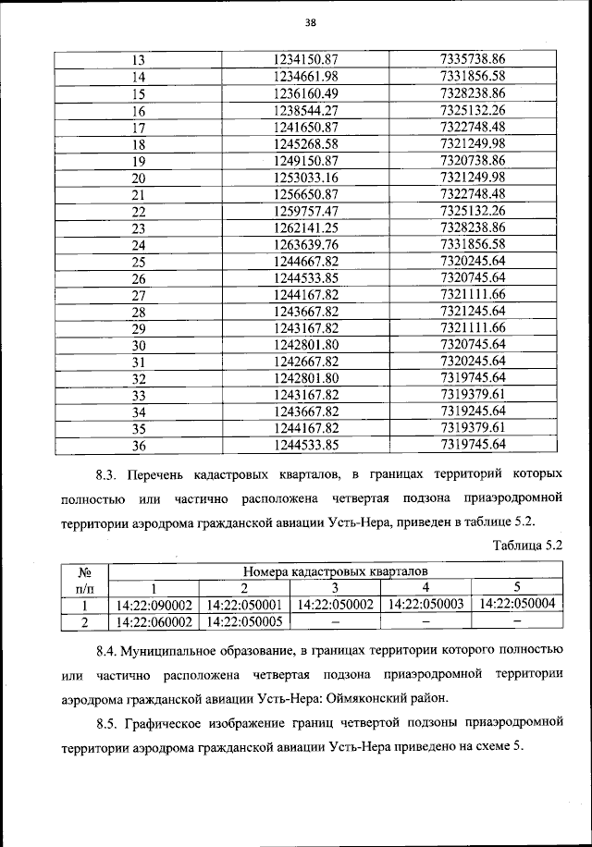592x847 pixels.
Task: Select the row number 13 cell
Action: point(140,60)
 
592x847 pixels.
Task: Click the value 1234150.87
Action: point(305,60)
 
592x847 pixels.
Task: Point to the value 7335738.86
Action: point(473,60)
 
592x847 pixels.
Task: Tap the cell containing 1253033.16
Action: point(305,178)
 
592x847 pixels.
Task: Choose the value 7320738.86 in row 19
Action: point(473,161)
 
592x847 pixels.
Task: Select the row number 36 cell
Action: point(140,445)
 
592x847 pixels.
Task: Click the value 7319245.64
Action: point(473,411)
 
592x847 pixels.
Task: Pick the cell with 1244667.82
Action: point(305,261)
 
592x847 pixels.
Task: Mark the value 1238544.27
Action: point(305,111)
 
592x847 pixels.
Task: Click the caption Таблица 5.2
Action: point(527,545)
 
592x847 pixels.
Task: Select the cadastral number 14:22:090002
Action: point(154,606)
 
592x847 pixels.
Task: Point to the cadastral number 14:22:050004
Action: point(517,604)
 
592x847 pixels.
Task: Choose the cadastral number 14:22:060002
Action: point(154,622)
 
